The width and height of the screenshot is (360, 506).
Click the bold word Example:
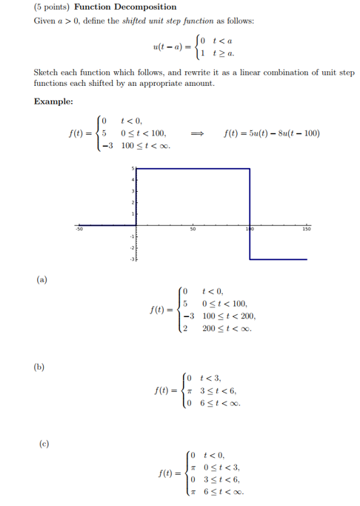(53, 101)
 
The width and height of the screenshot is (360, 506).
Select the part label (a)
(42, 279)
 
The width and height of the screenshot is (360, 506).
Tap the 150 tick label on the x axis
(307, 230)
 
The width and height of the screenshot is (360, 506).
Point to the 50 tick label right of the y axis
(192, 230)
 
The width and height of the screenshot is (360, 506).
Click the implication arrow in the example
(196, 133)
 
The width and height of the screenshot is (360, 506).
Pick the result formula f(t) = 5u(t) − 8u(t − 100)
(271, 133)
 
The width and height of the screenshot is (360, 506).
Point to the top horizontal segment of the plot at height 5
(193, 170)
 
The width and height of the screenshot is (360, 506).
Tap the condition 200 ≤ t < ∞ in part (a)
(227, 328)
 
